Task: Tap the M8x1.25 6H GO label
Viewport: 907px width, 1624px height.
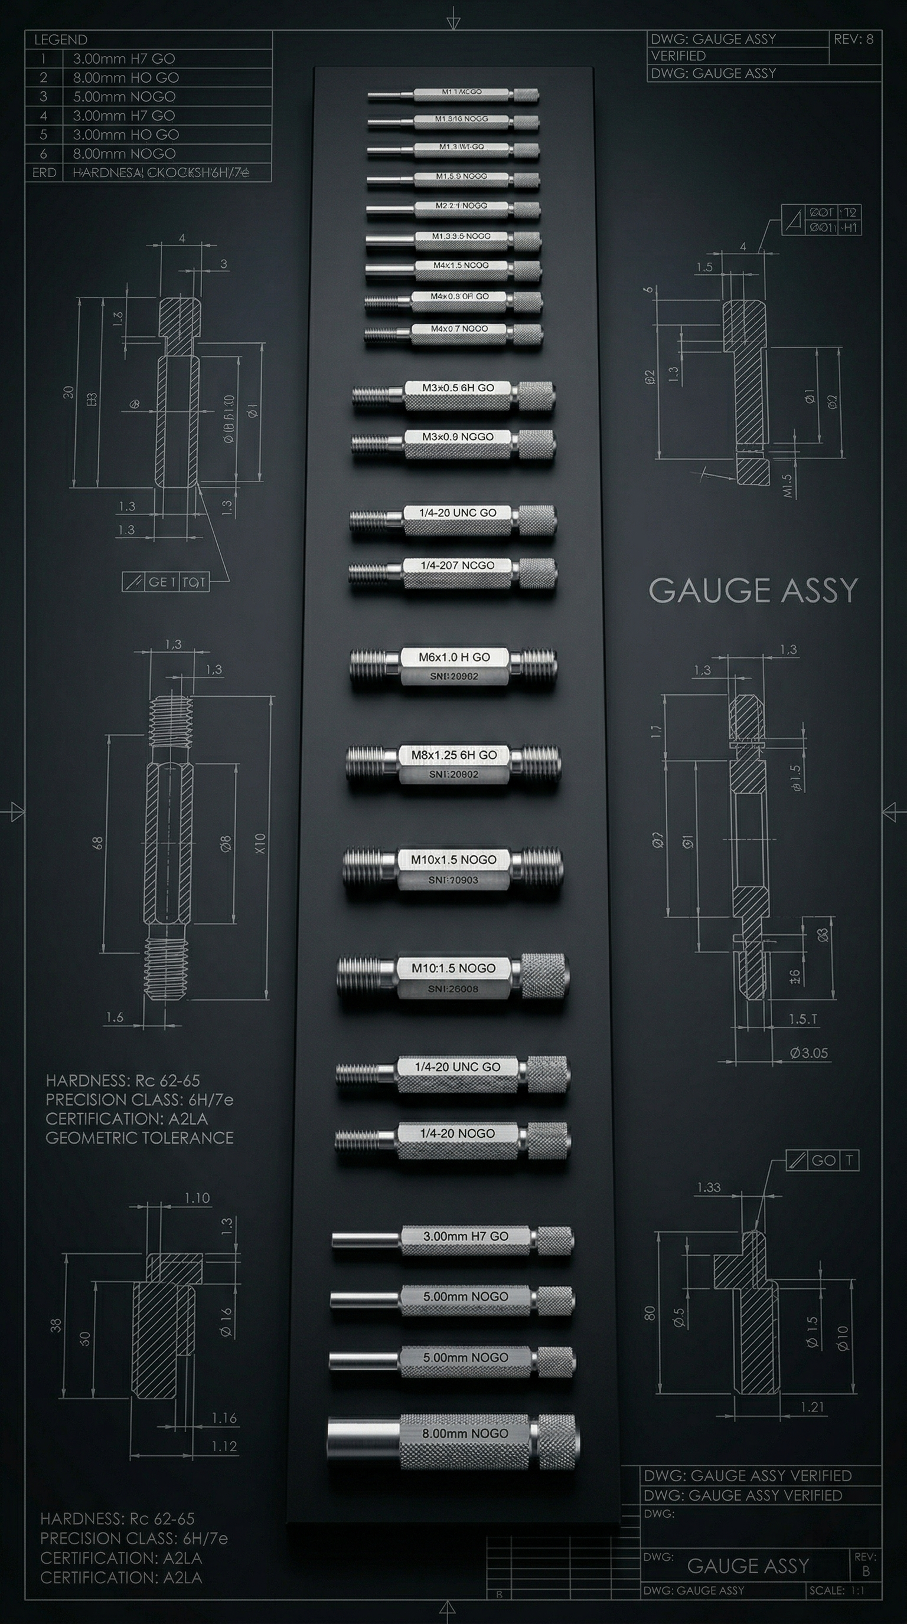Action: [454, 755]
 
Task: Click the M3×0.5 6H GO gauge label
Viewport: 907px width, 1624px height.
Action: [458, 388]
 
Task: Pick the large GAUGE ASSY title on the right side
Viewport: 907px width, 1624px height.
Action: [753, 591]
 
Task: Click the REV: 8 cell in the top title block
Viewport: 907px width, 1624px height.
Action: [853, 39]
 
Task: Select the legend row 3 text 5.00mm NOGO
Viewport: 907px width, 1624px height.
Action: [124, 96]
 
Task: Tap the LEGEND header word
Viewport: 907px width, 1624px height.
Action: [61, 40]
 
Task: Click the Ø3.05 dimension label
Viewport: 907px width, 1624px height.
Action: [808, 1053]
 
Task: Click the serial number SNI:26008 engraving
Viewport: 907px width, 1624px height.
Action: [453, 989]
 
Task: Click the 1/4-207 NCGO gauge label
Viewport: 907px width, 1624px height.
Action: [457, 565]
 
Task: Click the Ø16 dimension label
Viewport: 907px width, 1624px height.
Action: [226, 1322]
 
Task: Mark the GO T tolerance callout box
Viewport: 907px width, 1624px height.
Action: [823, 1161]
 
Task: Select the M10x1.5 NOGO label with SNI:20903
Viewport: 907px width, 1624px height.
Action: [453, 860]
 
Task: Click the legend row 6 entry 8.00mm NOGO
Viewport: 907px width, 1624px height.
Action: [124, 153]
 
